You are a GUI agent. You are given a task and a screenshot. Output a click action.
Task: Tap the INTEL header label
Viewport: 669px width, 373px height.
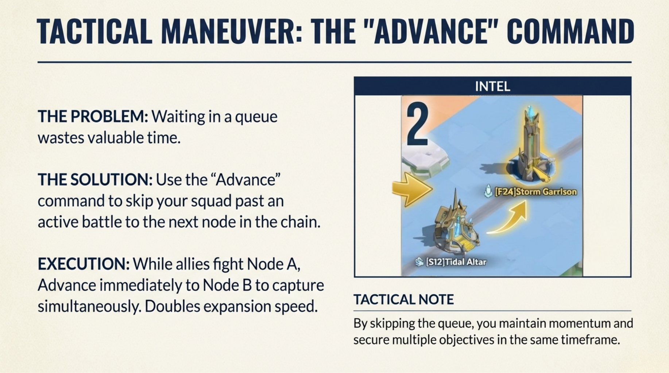tap(492, 86)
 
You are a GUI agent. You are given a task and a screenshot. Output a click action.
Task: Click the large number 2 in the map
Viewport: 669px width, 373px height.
tap(418, 124)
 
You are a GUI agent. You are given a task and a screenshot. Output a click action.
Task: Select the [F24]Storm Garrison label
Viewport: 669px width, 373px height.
tap(535, 192)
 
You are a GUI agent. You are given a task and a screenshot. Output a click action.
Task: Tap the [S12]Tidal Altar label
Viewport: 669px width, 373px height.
tap(456, 262)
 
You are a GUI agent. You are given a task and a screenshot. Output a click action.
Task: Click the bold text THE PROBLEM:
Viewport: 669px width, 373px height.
tap(93, 117)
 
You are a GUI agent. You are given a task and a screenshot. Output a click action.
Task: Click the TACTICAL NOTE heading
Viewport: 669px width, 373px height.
tap(403, 299)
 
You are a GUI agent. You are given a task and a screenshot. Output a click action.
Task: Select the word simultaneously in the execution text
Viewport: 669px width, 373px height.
tap(89, 307)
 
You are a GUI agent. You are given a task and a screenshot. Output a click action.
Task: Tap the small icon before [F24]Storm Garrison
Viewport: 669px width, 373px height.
tap(488, 191)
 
